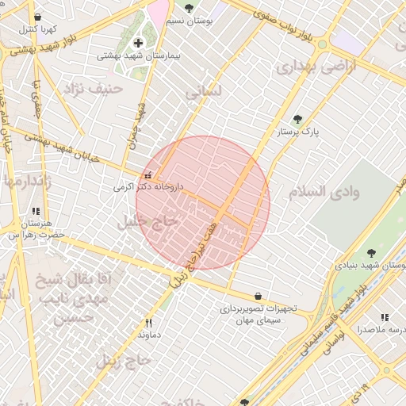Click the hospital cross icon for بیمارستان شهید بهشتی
click(138, 43)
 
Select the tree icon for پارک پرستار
click(297, 119)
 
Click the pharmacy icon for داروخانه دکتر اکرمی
click(147, 174)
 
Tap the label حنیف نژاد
click(95, 88)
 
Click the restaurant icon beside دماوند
click(148, 323)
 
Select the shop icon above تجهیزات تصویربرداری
click(259, 296)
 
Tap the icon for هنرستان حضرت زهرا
click(36, 211)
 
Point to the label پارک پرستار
click(297, 132)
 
